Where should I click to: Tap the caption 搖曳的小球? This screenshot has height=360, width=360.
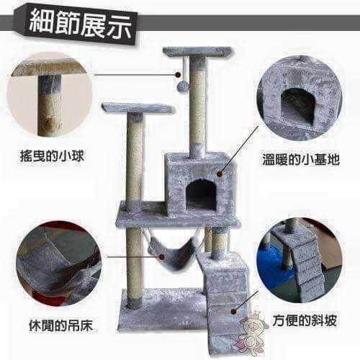click(x=52, y=157)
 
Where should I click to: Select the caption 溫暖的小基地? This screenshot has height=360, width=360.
click(x=301, y=159)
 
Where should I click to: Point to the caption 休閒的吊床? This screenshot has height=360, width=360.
click(x=60, y=325)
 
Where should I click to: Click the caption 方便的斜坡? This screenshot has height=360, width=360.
click(x=305, y=321)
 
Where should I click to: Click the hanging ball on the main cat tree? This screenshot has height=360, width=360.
click(x=181, y=85)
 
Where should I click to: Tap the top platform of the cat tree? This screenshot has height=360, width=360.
click(x=198, y=52)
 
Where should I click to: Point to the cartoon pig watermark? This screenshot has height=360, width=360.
click(x=250, y=329)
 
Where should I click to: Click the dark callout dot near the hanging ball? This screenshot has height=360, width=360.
click(x=178, y=75)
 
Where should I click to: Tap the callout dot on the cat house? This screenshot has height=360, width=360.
click(x=220, y=174)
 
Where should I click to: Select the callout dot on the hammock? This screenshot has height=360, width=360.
click(x=162, y=257)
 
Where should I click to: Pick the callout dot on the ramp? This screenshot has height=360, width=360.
click(x=233, y=312)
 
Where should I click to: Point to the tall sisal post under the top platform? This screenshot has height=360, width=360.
click(x=197, y=106)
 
